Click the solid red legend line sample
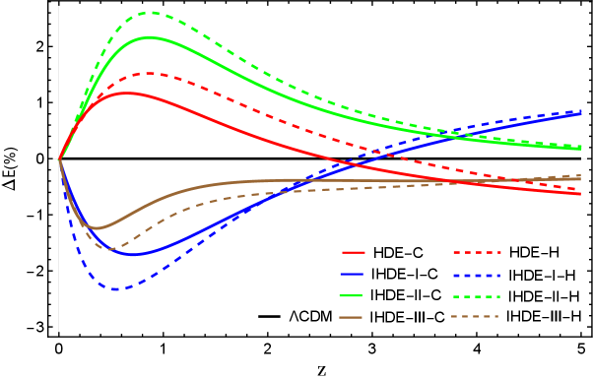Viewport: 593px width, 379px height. tap(353, 253)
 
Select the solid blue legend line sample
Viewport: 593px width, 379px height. tap(353, 275)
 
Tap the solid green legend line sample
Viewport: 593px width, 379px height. tap(352, 295)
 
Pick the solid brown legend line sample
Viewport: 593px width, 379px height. tap(352, 317)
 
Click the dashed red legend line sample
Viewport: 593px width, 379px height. tap(477, 253)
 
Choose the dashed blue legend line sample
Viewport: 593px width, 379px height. tap(477, 275)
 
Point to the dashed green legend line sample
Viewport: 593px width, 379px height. tap(477, 295)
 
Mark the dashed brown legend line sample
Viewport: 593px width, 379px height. tap(475, 317)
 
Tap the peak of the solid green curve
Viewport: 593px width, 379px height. tap(150, 37)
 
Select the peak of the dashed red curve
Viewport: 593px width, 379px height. tap(149, 73)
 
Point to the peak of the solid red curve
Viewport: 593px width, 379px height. tap(126, 94)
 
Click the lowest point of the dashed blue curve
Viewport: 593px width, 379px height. tap(116, 289)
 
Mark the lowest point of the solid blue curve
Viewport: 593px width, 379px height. tap(134, 254)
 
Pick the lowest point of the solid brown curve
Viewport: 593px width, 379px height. tap(96, 228)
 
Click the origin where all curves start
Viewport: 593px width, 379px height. tap(59, 158)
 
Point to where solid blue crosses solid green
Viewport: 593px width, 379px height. tap(463, 135)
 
